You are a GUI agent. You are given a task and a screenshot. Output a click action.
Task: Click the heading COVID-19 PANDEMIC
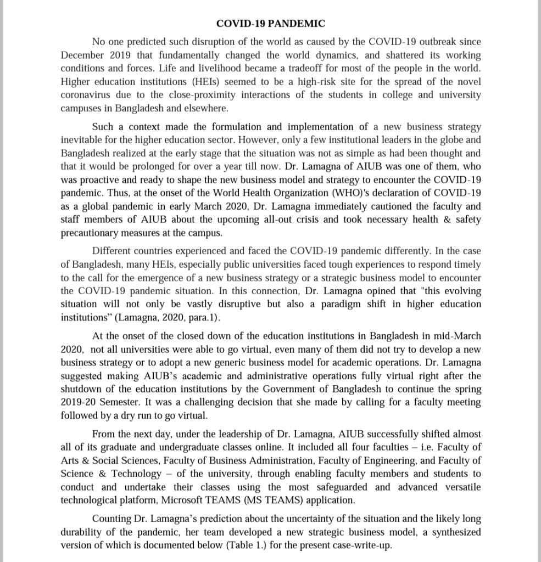[270, 24]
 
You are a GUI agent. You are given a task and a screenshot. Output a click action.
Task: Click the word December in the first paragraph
[82, 55]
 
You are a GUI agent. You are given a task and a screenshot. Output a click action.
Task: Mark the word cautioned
[397, 206]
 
